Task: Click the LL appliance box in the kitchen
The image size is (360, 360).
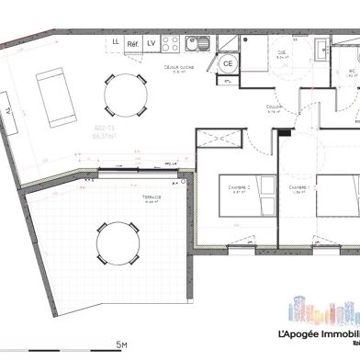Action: [x=115, y=42]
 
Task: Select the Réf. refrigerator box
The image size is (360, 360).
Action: [x=133, y=42]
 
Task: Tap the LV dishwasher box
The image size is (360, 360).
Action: [x=152, y=42]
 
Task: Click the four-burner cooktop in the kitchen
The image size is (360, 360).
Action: [x=171, y=43]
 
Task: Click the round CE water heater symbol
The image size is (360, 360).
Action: [x=228, y=62]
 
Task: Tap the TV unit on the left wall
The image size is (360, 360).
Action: [x=9, y=108]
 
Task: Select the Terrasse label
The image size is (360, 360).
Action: [x=152, y=197]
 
